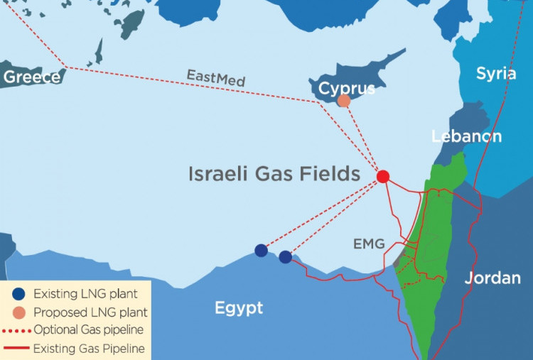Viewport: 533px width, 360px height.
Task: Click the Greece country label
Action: pyautogui.click(x=32, y=77)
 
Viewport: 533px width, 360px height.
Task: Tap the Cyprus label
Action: pyautogui.click(x=347, y=89)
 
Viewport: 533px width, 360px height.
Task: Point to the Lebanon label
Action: pyautogui.click(x=466, y=136)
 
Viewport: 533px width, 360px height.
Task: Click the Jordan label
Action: pyautogui.click(x=492, y=278)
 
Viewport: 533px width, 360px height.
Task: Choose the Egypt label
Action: pyautogui.click(x=239, y=308)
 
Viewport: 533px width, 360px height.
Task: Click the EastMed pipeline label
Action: pyautogui.click(x=216, y=78)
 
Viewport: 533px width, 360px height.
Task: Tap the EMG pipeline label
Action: pyautogui.click(x=369, y=244)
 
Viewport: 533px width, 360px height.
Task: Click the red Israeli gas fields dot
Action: pyautogui.click(x=383, y=176)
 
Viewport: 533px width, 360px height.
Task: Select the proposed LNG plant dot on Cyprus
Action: pyautogui.click(x=344, y=102)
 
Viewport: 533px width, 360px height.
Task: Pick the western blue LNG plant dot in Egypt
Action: pyautogui.click(x=262, y=250)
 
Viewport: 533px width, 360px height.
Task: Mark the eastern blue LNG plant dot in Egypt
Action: pyautogui.click(x=285, y=257)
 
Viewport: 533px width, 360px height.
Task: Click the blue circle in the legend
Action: pyautogui.click(x=18, y=293)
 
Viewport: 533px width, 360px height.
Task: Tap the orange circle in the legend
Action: pyautogui.click(x=18, y=312)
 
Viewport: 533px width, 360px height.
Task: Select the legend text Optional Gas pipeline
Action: pyautogui.click(x=89, y=330)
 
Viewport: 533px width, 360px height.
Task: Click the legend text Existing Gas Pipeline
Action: pyautogui.click(x=89, y=348)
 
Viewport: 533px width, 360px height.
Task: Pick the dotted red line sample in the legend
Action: pyautogui.click(x=18, y=330)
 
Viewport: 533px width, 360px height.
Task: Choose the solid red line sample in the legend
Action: pyautogui.click(x=18, y=348)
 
